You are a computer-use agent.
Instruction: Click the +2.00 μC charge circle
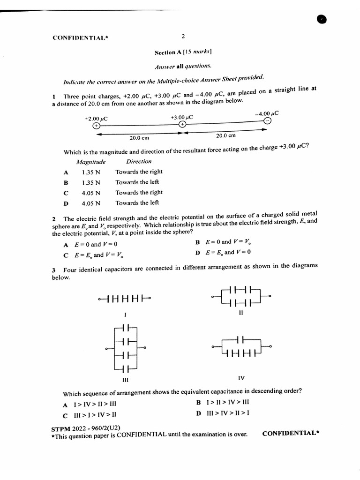click(96, 126)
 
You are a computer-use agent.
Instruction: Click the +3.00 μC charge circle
click(182, 124)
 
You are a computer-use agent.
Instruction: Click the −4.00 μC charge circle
click(267, 121)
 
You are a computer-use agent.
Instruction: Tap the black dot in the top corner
click(322, 19)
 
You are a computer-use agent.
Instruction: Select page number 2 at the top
click(183, 36)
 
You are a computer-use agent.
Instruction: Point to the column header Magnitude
click(91, 162)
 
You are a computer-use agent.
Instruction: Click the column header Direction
click(139, 162)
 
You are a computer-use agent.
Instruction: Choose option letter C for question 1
click(66, 193)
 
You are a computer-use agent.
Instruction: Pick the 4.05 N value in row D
click(91, 203)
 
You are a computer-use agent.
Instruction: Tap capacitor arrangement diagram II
click(241, 297)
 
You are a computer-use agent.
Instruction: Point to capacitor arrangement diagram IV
click(241, 347)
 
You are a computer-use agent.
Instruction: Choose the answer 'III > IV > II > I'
click(228, 413)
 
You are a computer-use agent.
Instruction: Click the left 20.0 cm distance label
click(139, 138)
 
